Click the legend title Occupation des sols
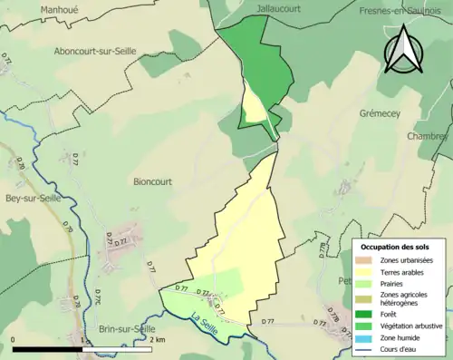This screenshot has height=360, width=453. pos(395,247)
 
